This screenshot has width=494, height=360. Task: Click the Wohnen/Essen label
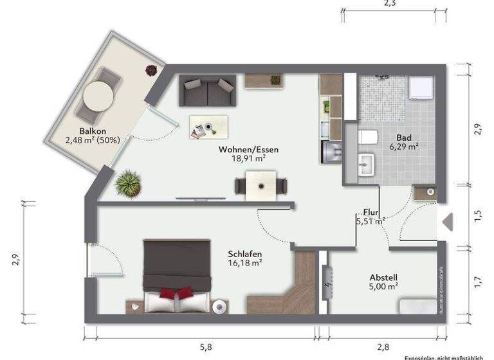point(248,150)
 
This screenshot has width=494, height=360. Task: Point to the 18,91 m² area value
point(248,158)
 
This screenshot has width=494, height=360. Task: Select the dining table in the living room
point(261,185)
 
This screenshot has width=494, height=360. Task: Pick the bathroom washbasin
point(365,164)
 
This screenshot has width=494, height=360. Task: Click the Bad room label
point(404,138)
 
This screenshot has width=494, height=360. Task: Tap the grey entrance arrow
point(448,221)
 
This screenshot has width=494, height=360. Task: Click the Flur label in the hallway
point(370,212)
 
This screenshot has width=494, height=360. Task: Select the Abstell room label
point(383,278)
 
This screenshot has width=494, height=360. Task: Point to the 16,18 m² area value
point(244,262)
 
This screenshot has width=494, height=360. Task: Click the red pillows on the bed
point(176,294)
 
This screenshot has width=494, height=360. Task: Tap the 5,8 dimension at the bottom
point(205,347)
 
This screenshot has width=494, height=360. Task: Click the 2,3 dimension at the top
point(389,4)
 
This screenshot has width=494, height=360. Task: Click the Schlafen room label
point(244,253)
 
